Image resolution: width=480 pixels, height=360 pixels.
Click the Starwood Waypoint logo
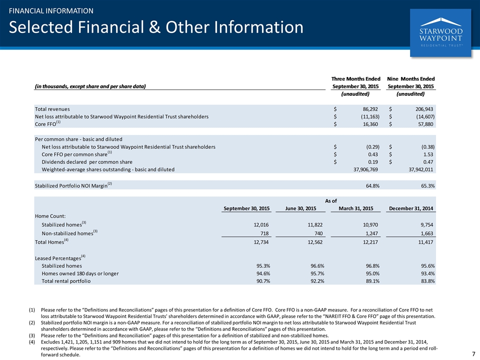pos(440,33)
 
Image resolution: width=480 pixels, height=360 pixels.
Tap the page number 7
pos(473,353)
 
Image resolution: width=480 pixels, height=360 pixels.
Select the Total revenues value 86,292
pos(370,109)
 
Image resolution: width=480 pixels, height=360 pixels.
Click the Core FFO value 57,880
pos(425,124)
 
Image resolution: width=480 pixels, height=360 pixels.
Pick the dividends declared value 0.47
pos(428,162)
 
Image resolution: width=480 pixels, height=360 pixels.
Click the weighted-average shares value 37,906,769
pos(365,169)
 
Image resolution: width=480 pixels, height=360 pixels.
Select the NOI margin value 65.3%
pos(427,186)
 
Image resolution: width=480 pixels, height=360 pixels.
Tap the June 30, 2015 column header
pos(300,208)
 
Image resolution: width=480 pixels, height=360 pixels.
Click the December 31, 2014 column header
pos(411,208)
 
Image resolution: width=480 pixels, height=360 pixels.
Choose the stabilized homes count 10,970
pos(370,224)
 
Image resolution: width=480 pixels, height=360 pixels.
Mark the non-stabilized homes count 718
pos(264,233)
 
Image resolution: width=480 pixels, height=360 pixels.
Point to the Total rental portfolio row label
pos(66,281)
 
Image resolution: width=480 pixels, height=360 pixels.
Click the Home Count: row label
pos(50,216)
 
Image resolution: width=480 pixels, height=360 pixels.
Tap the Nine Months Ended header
pos(411,79)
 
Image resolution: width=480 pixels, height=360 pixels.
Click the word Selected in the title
pos(41,27)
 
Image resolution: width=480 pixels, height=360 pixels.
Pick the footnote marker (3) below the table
pos(32,335)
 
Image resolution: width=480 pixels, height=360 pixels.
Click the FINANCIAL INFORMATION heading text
pos(51,11)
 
